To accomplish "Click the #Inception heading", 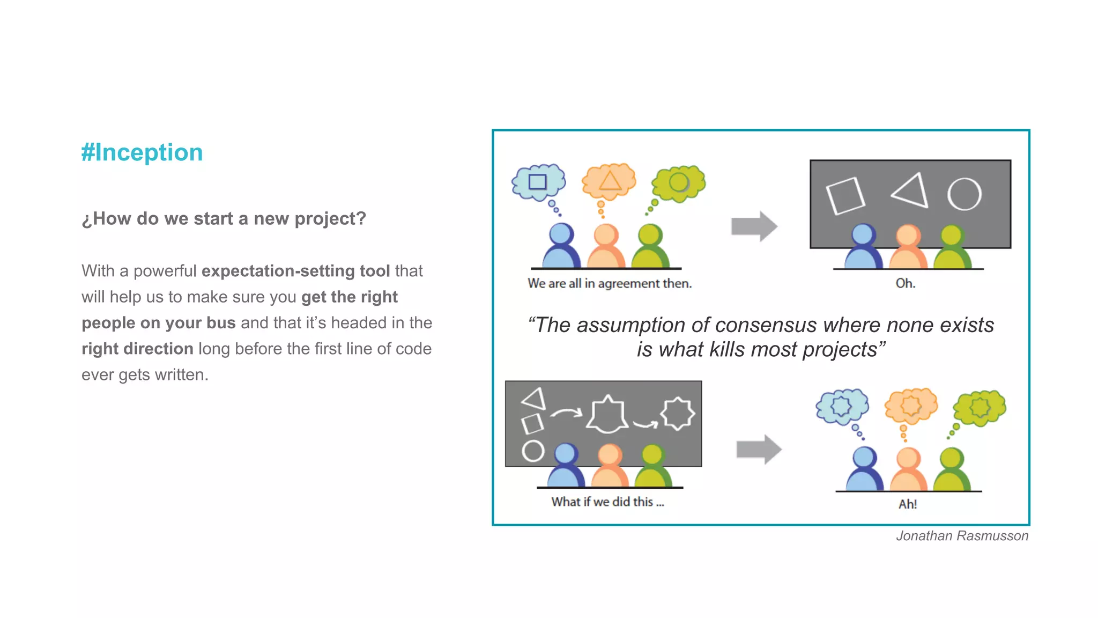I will [142, 152].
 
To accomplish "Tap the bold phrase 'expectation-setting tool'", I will [295, 271].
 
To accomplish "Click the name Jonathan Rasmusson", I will [962, 536].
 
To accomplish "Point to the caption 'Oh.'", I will [905, 283].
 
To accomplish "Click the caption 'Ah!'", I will [908, 504].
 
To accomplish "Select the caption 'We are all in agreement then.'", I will [610, 283].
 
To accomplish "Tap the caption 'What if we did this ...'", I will [607, 502].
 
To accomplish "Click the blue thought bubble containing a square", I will [538, 182].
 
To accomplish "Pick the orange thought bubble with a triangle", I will [609, 181].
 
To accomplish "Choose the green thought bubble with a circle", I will [679, 183].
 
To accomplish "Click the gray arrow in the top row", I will [754, 226].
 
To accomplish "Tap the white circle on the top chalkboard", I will [964, 194].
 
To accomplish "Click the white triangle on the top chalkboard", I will [911, 190].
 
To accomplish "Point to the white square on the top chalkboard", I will [845, 196].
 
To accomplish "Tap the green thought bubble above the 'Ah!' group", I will [980, 407].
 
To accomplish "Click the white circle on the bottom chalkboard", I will [533, 451].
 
